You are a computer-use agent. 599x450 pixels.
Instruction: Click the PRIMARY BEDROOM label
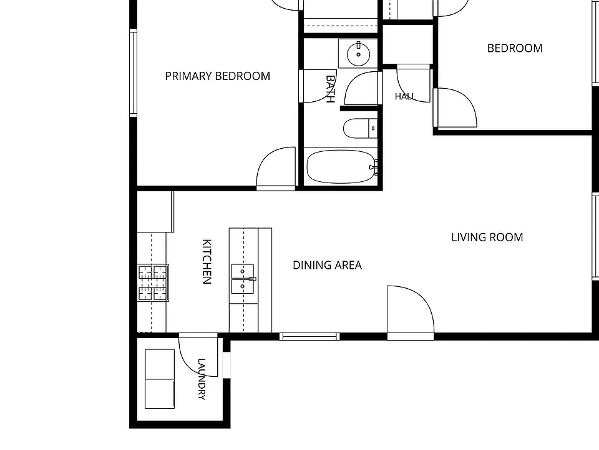pyautogui.click(x=217, y=76)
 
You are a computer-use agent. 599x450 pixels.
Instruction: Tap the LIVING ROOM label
pyautogui.click(x=487, y=237)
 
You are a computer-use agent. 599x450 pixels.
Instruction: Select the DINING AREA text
pyautogui.click(x=327, y=265)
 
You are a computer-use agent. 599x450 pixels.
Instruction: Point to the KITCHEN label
pyautogui.click(x=207, y=262)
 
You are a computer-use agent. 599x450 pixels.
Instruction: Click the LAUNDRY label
pyautogui.click(x=202, y=379)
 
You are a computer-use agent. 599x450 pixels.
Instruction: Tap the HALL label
pyautogui.click(x=405, y=96)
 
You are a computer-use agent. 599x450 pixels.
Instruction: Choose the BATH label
pyautogui.click(x=331, y=89)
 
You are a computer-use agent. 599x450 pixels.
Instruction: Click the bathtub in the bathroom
pyautogui.click(x=341, y=167)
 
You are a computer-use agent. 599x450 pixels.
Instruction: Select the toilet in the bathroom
pyautogui.click(x=360, y=128)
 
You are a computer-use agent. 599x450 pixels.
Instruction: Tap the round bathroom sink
pyautogui.click(x=358, y=54)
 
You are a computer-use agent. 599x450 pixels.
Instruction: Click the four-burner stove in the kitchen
pyautogui.click(x=153, y=282)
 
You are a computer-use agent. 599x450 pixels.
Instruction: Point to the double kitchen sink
pyautogui.click(x=243, y=279)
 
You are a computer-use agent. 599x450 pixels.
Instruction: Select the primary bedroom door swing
pyautogui.click(x=276, y=168)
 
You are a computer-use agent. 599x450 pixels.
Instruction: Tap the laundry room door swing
pyautogui.click(x=198, y=355)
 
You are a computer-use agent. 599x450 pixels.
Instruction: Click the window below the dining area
pyautogui.click(x=309, y=336)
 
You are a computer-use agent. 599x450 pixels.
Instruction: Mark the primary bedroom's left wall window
pyautogui.click(x=133, y=72)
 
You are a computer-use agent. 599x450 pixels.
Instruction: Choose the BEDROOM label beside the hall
pyautogui.click(x=515, y=48)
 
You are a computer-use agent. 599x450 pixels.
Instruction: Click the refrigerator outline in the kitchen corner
pyautogui.click(x=155, y=212)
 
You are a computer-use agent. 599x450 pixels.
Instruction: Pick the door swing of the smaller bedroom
pyautogui.click(x=455, y=107)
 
